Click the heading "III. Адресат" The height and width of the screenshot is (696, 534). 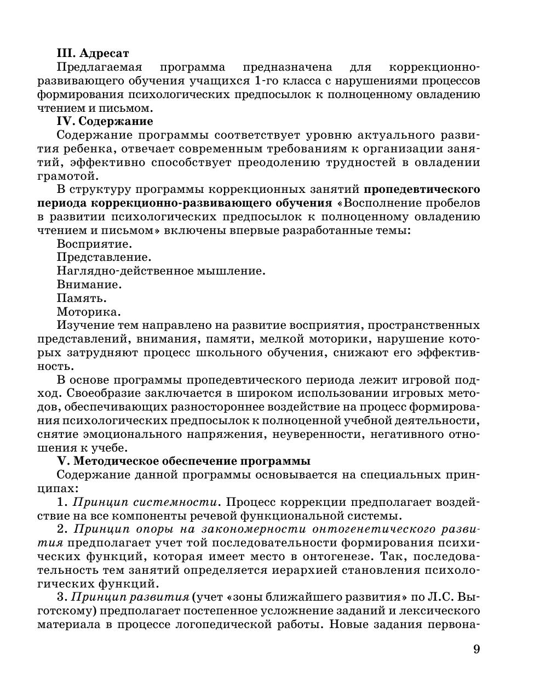pos(93,53)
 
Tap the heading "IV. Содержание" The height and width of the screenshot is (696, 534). pos(105,121)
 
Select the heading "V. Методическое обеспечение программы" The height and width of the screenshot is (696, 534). pos(183,461)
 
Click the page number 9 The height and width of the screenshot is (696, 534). pos(476,649)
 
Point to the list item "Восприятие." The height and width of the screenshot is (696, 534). pos(94,244)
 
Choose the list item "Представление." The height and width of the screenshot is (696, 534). pos(104,258)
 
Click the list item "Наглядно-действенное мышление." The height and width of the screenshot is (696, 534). pos(161,271)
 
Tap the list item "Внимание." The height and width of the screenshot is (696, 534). pos(89,285)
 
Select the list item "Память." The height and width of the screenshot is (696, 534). pos(82,299)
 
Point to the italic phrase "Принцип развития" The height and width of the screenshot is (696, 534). pos(130,597)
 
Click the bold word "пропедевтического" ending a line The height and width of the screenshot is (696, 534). pos(422,190)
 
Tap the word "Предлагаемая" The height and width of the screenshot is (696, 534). pos(99,67)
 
